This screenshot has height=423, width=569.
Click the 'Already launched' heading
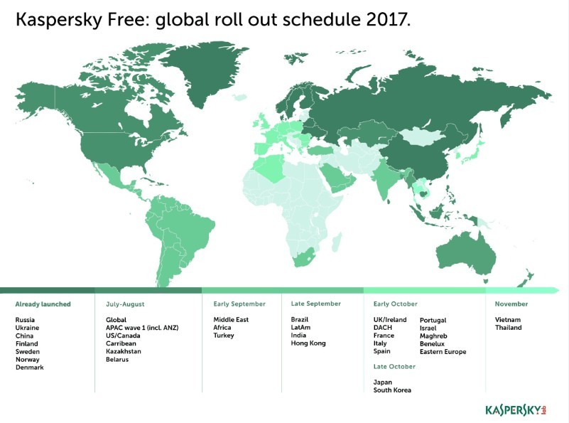pos(43,304)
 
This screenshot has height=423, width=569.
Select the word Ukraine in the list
pos(27,328)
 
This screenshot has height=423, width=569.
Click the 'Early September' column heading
pos(239,304)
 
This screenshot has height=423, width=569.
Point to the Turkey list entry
pos(224,336)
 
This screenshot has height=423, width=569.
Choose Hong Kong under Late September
pos(308,343)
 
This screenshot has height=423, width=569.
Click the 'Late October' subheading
pos(394,367)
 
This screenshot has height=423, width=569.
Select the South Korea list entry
pos(392,390)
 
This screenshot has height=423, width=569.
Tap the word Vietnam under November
pos(508,320)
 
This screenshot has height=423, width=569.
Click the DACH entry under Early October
pos(383,328)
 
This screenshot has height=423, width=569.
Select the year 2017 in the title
pos(389,19)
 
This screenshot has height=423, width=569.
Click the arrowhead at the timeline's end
pos(556,290)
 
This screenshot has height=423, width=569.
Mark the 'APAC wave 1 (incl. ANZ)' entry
pos(142,328)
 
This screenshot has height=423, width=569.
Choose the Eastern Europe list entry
pos(443,351)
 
